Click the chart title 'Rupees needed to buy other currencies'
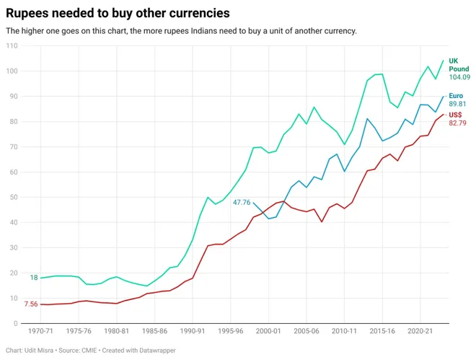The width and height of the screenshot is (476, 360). tap(118, 13)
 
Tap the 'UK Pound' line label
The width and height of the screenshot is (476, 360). tap(458, 65)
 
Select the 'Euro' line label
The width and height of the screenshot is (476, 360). tap(456, 95)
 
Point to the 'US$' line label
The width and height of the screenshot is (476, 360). tap(456, 114)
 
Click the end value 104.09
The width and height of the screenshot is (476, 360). tap(459, 77)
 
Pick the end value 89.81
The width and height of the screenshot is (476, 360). tap(457, 104)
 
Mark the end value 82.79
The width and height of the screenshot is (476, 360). tap(457, 123)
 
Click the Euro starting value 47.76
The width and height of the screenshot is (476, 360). tap(242, 203)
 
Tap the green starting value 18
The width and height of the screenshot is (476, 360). tap(34, 278)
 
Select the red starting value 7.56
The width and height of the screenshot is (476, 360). tap(31, 304)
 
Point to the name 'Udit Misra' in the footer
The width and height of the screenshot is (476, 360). tap(41, 351)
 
